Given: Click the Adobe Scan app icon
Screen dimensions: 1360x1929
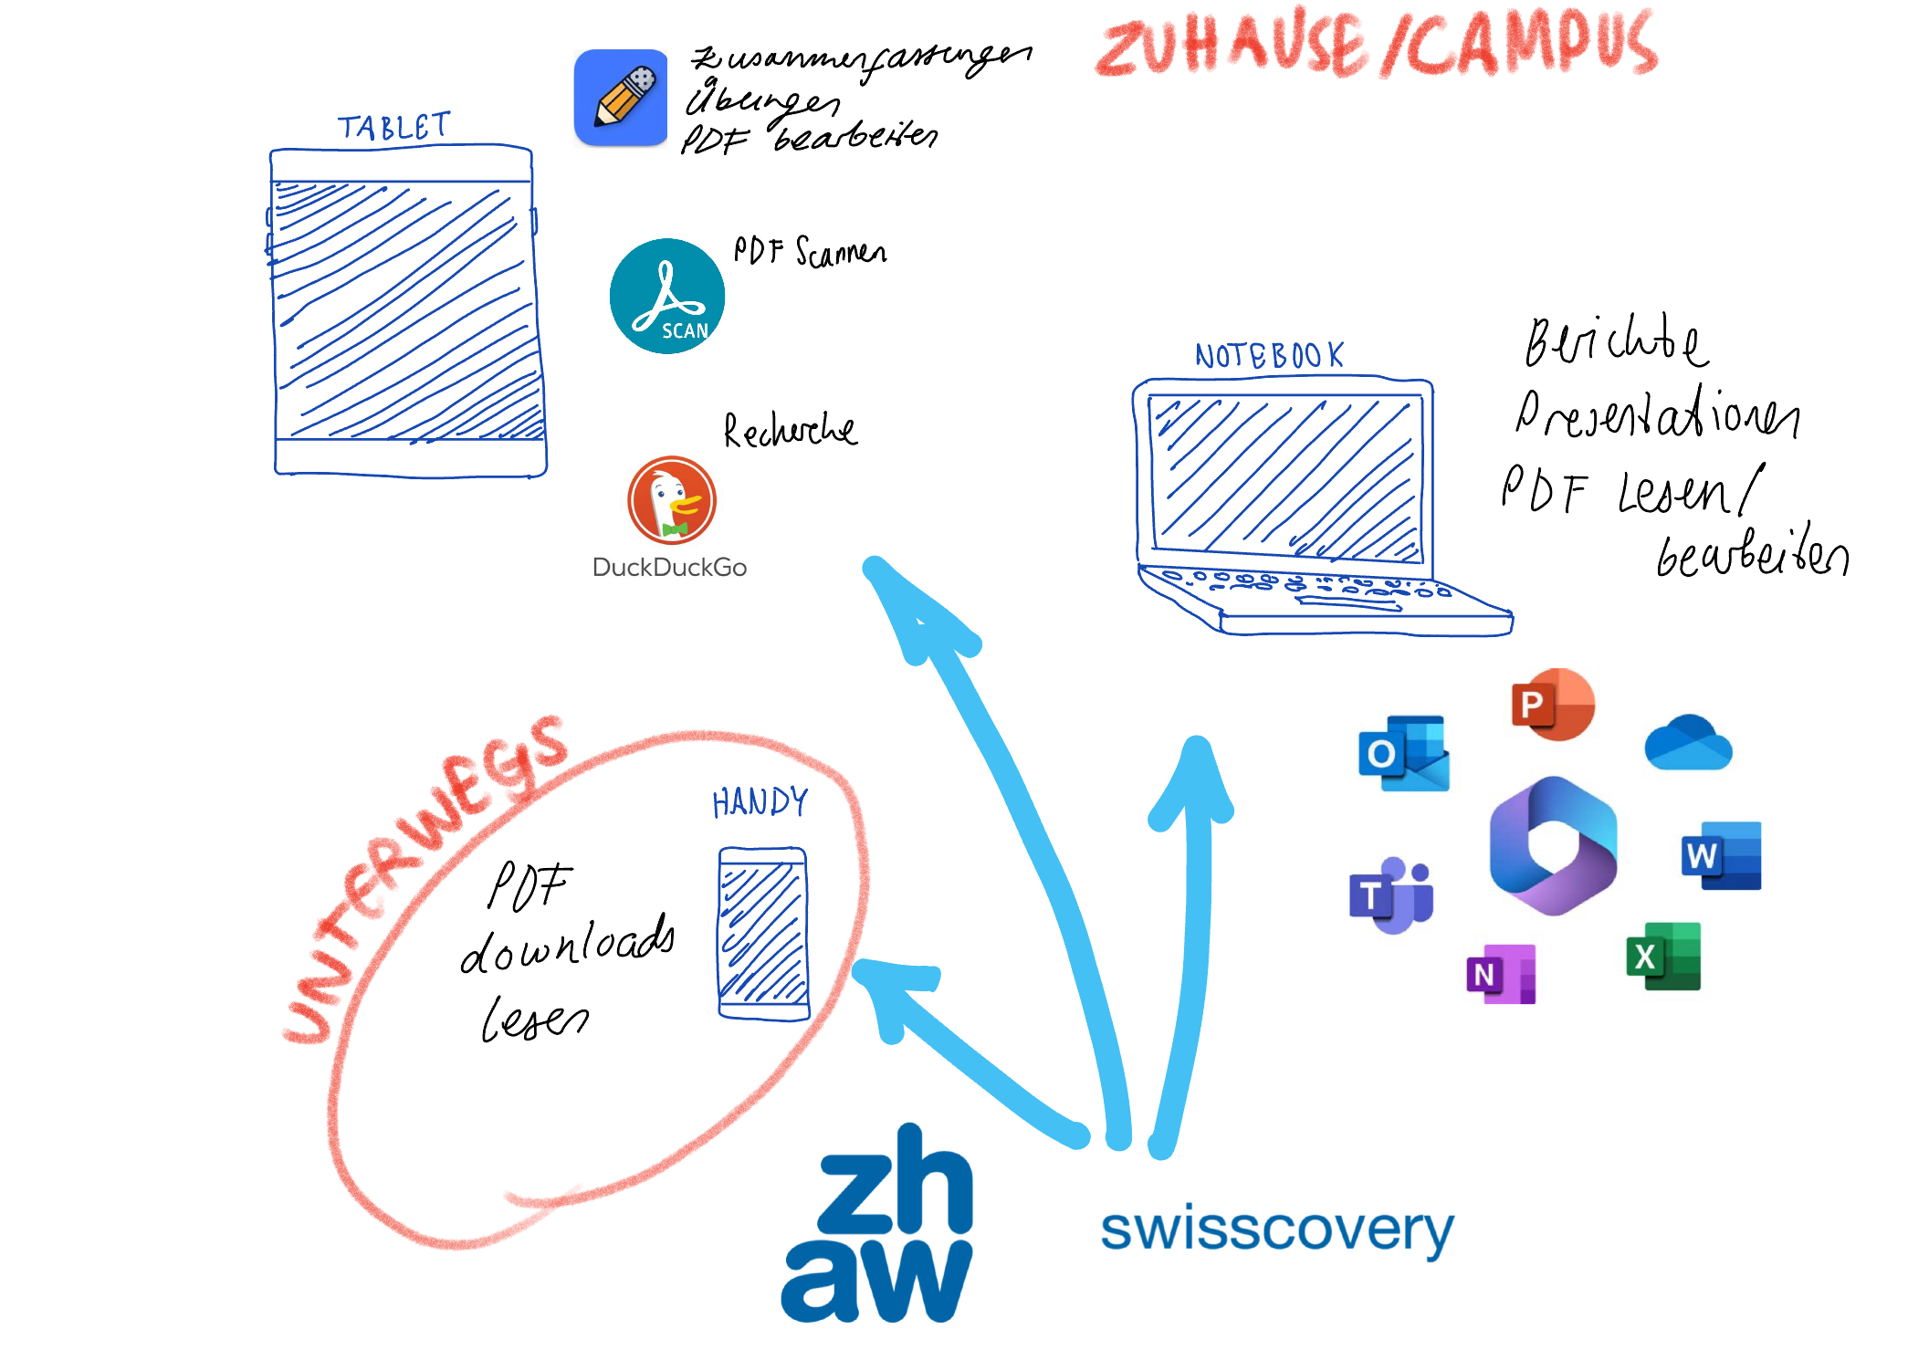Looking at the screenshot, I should coord(666,296).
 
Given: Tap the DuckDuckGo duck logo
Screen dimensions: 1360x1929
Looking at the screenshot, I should coord(672,500).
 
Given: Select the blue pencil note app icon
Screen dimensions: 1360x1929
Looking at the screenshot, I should coord(621,98).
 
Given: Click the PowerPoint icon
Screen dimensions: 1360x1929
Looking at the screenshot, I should coord(1552,704).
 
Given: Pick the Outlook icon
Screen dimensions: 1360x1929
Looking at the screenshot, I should coord(1403,753).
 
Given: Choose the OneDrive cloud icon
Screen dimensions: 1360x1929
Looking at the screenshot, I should coord(1688,743).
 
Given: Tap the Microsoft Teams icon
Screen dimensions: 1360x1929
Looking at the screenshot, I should coord(1391,895).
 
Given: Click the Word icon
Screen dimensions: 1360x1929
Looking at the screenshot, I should coord(1721,855).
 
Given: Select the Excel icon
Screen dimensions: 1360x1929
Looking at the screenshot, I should coord(1663,956).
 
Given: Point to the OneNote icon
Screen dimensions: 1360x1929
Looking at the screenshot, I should coord(1501,974).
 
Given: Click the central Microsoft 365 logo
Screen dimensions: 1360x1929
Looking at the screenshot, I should coord(1553,845).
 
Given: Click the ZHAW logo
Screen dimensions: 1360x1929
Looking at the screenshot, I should coord(878,1223).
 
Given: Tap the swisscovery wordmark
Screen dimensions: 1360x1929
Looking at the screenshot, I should coord(1276,1229).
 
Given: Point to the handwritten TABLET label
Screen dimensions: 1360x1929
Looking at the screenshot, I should coord(393,127).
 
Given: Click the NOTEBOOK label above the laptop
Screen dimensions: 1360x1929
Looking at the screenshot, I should coord(1269,355).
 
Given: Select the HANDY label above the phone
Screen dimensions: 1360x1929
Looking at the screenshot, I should coord(760,802).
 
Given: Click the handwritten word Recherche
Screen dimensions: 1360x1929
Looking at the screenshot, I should coord(790,430).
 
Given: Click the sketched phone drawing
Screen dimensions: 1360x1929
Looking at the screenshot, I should coord(763,933).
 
